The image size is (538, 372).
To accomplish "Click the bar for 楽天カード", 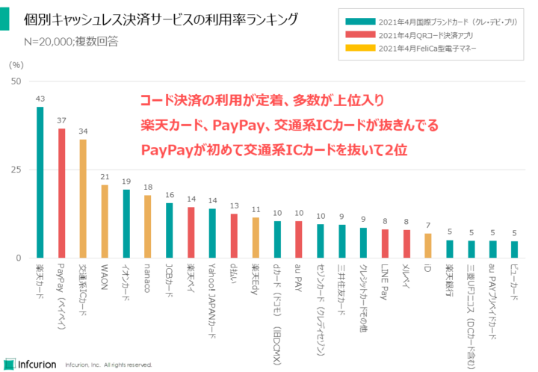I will pos(40,182).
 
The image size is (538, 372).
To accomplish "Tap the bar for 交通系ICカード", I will pos(84,198).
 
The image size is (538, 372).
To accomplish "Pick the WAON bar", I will pos(105,221).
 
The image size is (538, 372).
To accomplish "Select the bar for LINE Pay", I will pos(385,244).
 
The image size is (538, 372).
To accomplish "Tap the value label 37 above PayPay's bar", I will pos(62,120).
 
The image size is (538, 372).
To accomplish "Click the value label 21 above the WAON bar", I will pos(105,177).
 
